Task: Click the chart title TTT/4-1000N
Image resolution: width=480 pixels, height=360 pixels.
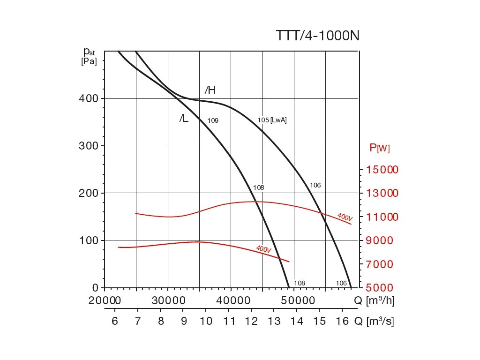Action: pos(317,36)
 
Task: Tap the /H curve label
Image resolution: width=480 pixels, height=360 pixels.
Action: pos(210,90)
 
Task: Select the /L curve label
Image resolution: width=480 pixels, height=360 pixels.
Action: pos(184,119)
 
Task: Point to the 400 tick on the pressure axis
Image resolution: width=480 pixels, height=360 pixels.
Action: pos(88,99)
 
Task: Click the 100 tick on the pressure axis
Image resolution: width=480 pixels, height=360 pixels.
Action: pos(88,240)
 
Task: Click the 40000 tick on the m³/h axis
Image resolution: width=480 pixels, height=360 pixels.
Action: pos(231,301)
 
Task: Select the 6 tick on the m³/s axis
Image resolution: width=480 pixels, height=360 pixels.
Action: pos(115,322)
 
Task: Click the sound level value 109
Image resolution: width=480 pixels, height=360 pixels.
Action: pos(213,120)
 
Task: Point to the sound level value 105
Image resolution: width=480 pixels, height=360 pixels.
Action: pos(263,120)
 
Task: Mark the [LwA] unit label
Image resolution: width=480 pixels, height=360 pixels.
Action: pos(278,120)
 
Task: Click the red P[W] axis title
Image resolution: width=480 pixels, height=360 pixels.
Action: pos(380,148)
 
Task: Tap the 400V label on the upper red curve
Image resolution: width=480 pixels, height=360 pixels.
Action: pos(344,217)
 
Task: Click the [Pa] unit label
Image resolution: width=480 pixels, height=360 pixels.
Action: pos(89,61)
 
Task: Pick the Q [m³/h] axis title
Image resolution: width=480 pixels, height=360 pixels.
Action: pos(374,301)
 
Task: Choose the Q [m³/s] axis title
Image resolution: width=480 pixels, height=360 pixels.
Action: pos(374,322)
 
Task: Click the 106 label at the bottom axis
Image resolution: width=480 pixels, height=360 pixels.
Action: pos(341,283)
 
